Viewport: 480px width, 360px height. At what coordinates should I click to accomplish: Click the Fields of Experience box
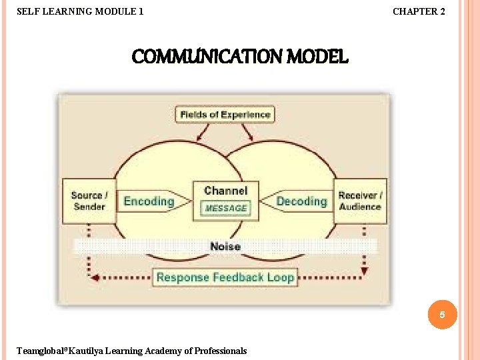coord(225,115)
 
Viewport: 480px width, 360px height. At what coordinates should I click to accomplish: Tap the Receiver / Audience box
coord(360,201)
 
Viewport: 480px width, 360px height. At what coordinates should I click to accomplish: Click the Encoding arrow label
coord(148,201)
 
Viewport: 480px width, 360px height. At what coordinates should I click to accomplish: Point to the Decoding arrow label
coord(301,201)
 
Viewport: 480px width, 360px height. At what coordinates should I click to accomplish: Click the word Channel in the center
coord(225,191)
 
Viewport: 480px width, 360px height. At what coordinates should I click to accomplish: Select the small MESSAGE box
coord(225,209)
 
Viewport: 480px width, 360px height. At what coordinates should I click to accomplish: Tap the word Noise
coord(225,247)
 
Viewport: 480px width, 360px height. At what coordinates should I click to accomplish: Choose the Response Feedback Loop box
coord(225,277)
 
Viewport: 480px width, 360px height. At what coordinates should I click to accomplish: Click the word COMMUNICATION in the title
coord(208,57)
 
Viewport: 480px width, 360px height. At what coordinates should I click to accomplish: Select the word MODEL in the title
coord(318,57)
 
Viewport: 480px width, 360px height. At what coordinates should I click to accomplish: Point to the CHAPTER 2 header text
coord(419,11)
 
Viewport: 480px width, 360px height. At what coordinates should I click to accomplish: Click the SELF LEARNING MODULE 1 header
coord(79,11)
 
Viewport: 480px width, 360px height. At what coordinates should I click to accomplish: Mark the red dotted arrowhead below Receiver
coord(364,271)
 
